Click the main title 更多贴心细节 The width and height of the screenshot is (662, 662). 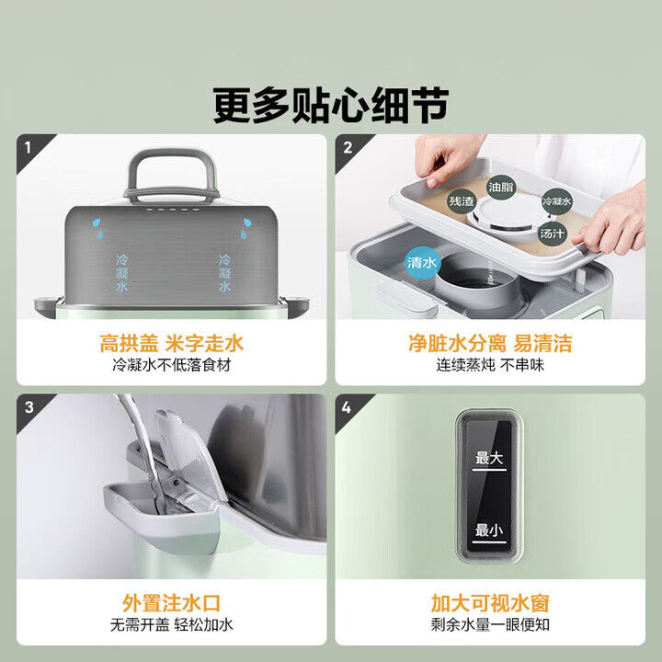point(331,103)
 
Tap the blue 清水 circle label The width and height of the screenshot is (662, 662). point(421,263)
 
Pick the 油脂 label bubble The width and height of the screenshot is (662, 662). point(501,186)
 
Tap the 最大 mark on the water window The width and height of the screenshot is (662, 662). point(489,459)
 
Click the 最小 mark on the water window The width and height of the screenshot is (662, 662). point(489,531)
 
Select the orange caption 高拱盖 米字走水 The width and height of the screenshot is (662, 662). point(172,344)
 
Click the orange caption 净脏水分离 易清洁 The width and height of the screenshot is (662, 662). point(490,344)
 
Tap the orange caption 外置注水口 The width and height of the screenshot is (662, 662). point(172,604)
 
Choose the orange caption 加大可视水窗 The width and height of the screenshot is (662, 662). point(490,604)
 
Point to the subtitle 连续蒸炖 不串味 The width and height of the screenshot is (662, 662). point(490,365)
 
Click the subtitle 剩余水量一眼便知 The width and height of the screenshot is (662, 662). point(490,625)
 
